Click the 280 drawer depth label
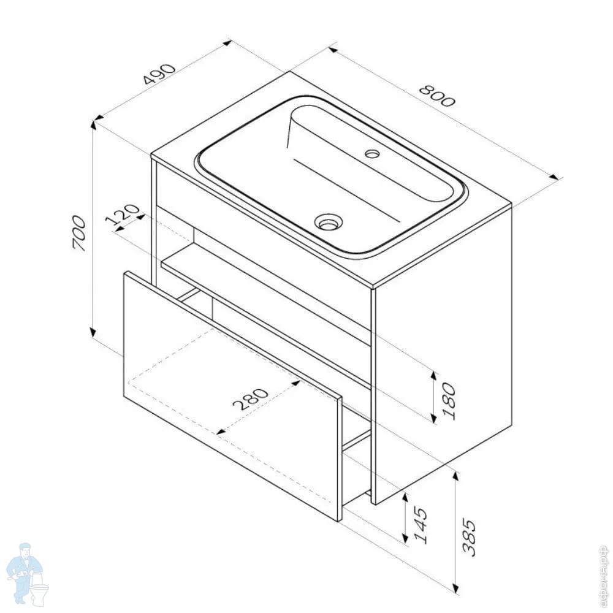250,399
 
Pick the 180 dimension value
449,401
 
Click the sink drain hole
329,223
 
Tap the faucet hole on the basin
372,153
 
